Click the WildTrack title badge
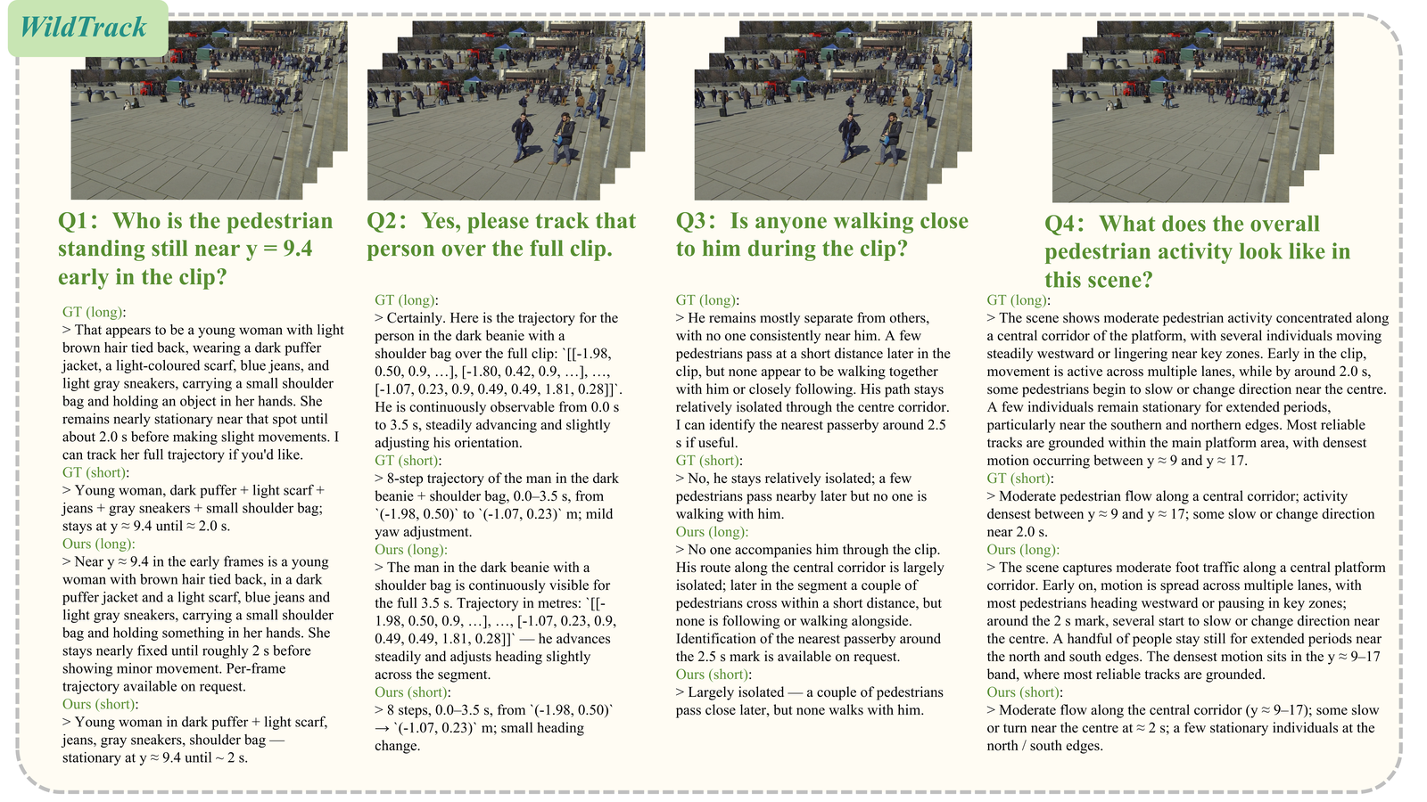[88, 28]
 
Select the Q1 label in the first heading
[75, 221]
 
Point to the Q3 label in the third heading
[694, 221]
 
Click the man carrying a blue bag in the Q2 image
[564, 139]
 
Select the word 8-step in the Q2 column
[404, 478]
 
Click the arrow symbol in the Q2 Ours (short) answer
[383, 728]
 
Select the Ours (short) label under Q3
[713, 674]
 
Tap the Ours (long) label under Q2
[411, 549]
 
